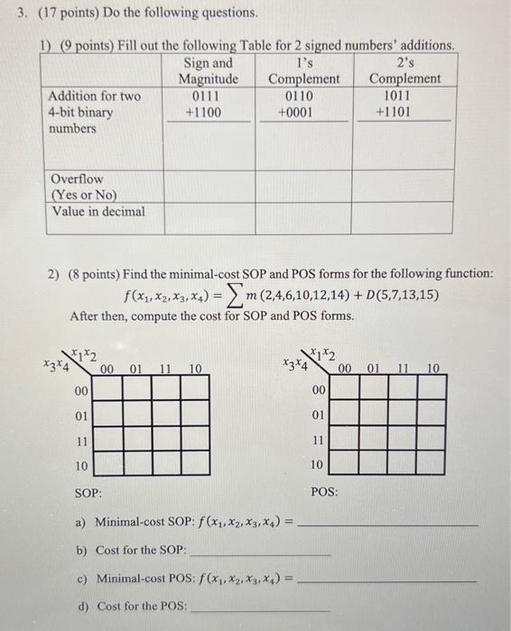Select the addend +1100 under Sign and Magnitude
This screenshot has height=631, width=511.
pos(207,113)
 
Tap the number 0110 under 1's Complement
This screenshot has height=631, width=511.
pos(303,96)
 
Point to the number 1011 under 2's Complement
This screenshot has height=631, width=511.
pos(400,96)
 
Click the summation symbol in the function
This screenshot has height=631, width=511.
pos(267,294)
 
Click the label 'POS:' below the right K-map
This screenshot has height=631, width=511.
pos(325,493)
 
